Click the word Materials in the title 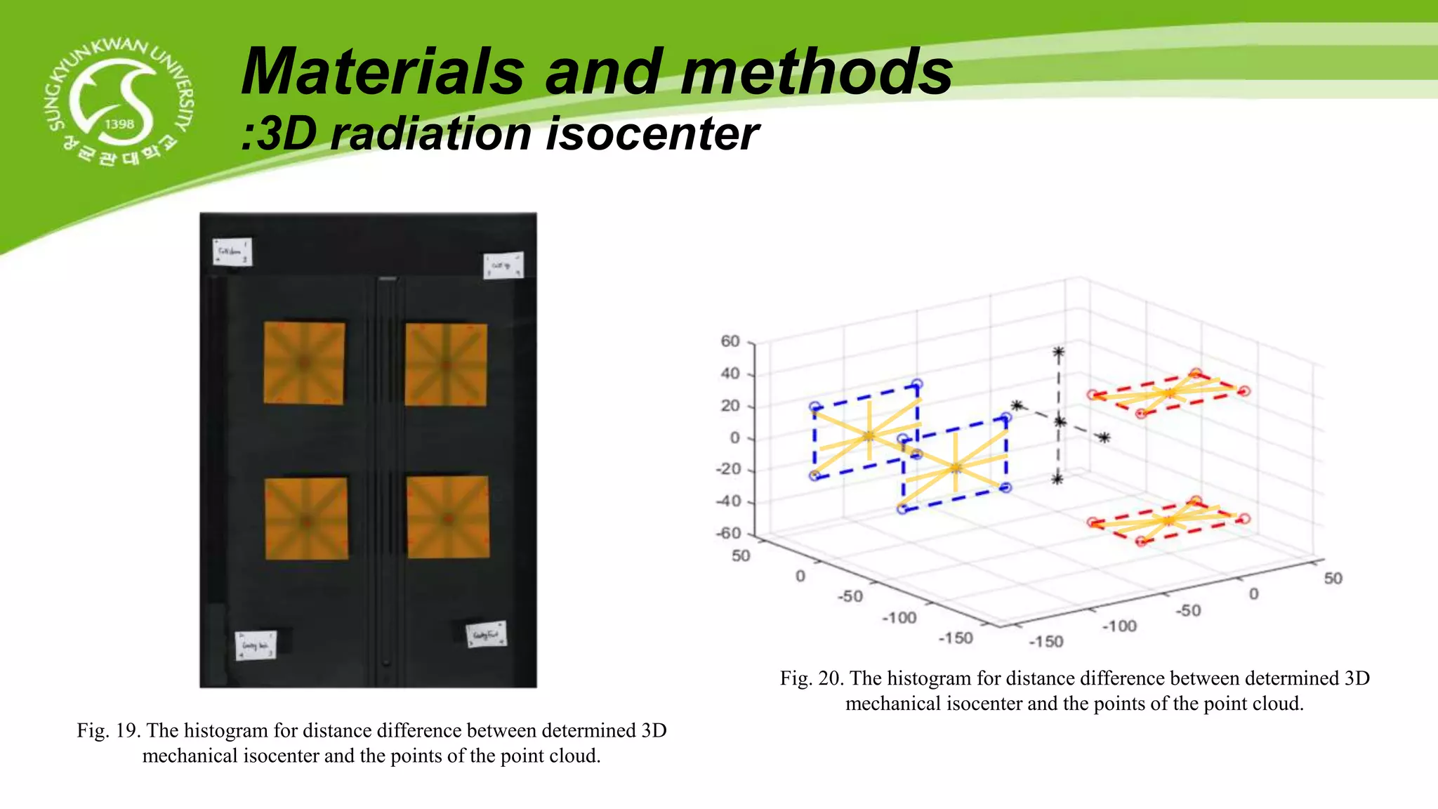[383, 72]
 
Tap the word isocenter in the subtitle [652, 133]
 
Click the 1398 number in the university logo [119, 124]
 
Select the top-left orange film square [304, 363]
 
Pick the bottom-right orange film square [448, 518]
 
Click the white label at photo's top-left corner [232, 251]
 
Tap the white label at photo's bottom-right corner [487, 634]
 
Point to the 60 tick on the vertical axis [730, 341]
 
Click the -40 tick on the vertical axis [729, 501]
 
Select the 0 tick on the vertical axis [734, 438]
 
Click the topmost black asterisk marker [1058, 353]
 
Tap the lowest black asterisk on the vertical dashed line [1057, 479]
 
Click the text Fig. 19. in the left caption [109, 730]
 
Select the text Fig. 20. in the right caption [812, 678]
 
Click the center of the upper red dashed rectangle [1168, 393]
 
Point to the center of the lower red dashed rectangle [1168, 520]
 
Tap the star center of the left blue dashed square [869, 436]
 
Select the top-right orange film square [446, 364]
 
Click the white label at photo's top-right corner [503, 265]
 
